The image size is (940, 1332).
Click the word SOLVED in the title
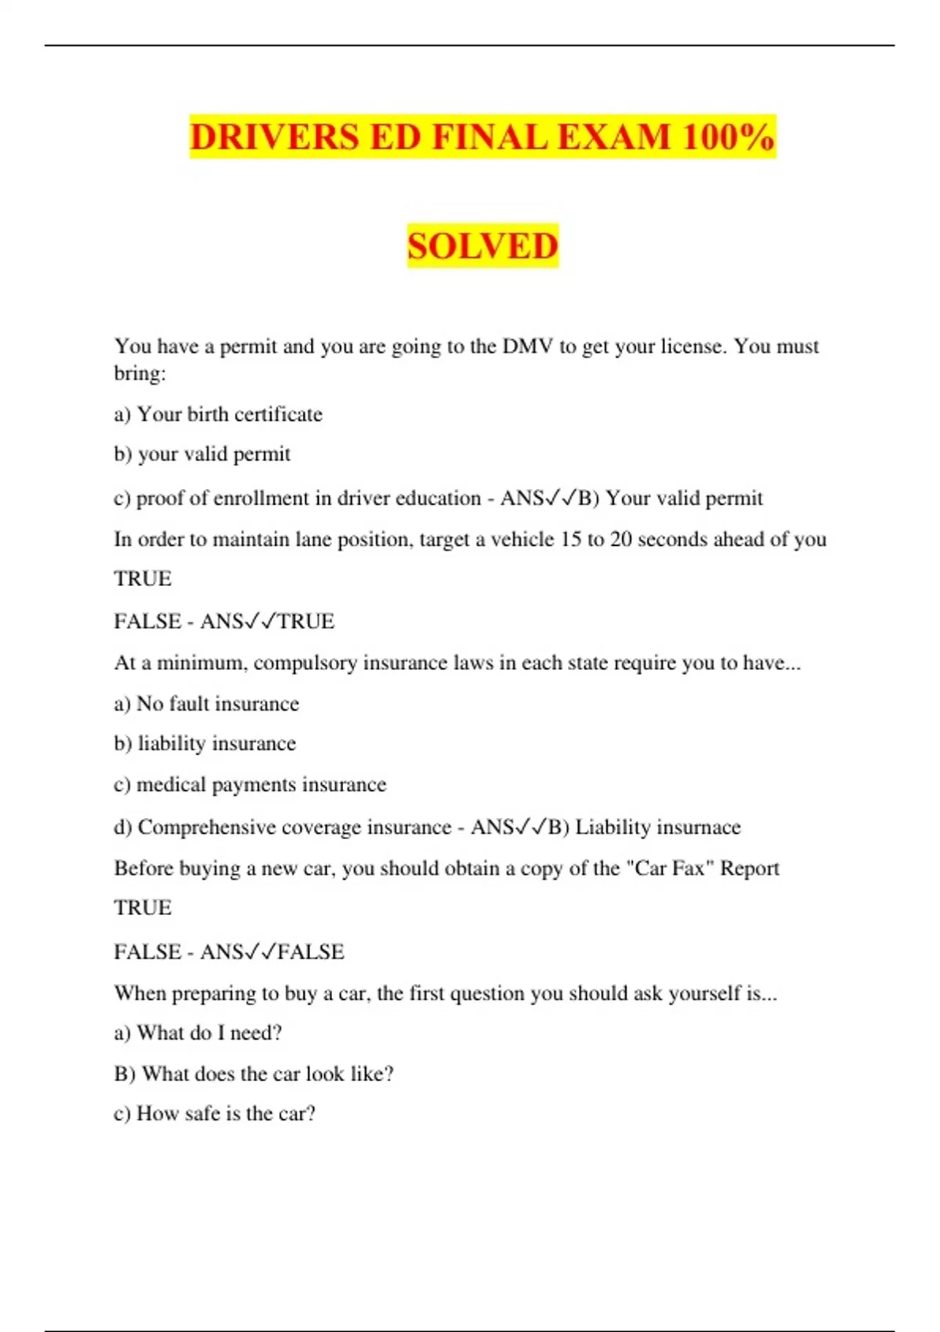coord(483,246)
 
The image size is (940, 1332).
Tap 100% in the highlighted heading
coord(728,137)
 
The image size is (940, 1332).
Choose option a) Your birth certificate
coord(218,414)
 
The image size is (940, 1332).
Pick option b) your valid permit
coord(202,454)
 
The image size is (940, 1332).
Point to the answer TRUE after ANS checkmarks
coord(306,621)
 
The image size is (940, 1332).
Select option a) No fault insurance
coord(206,704)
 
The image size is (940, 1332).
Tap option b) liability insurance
coord(205,744)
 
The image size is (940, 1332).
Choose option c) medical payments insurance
coord(250,784)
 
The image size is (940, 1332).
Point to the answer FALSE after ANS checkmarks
coord(311,952)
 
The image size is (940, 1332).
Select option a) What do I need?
coord(197,1033)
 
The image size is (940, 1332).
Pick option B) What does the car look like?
coord(253,1073)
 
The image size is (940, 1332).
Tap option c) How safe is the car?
coord(215,1113)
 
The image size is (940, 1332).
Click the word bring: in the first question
coord(140,373)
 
